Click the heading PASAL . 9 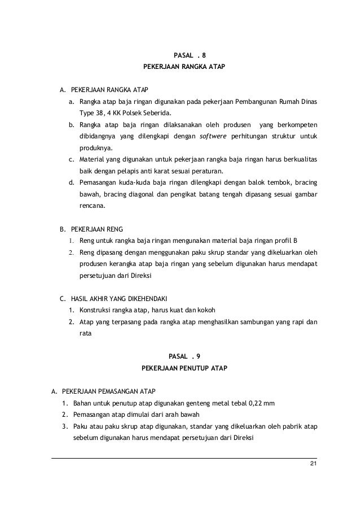(184, 356)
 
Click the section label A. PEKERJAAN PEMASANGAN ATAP (103, 391)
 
